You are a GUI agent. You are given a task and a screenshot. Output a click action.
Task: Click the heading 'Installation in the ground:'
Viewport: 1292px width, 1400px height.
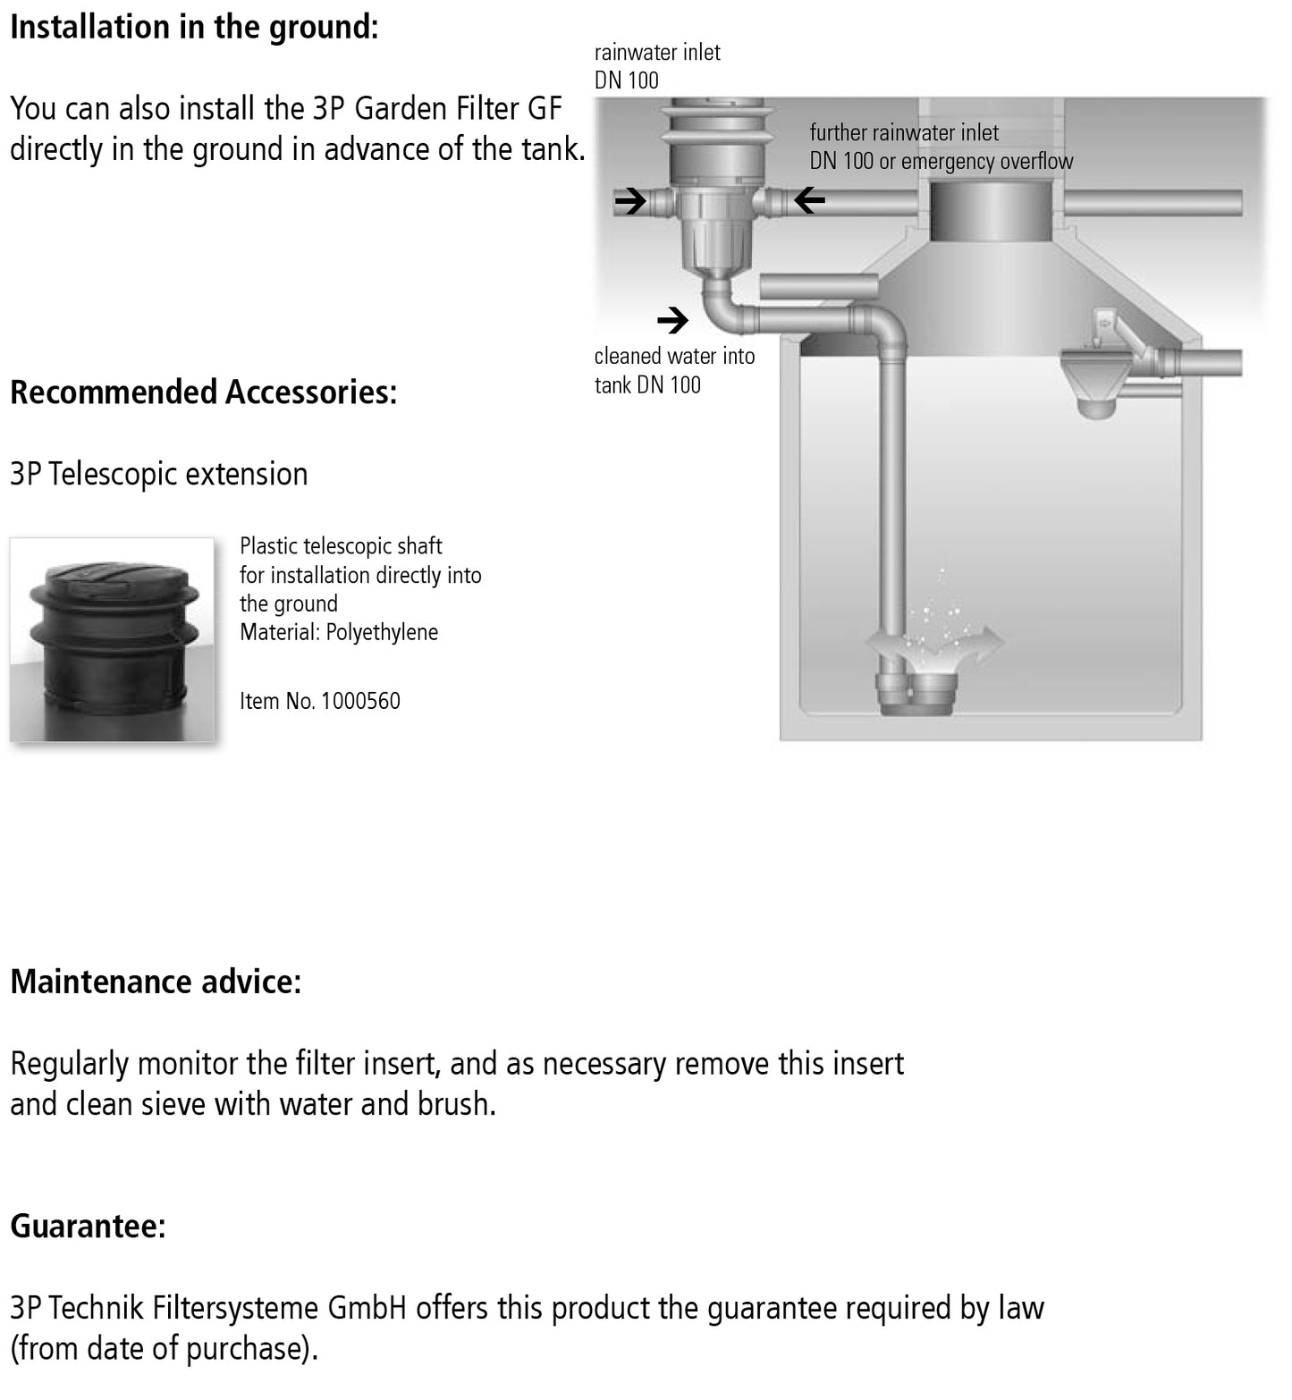click(194, 27)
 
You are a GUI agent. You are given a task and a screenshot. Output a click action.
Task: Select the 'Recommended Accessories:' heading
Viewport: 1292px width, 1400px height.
click(203, 392)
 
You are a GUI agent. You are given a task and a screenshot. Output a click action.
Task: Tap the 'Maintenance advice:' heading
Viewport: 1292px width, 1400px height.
click(156, 982)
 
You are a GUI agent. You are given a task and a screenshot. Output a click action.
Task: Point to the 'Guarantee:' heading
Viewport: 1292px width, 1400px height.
click(88, 1225)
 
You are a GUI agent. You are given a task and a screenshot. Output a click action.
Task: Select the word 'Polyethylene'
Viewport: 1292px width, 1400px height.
click(382, 632)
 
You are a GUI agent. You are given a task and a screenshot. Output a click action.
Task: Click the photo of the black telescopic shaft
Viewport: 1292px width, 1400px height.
click(112, 639)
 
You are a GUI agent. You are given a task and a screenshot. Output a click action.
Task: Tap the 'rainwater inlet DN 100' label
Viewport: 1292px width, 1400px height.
click(656, 66)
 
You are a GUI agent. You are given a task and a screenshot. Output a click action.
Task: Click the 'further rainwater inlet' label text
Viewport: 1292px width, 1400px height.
click(904, 133)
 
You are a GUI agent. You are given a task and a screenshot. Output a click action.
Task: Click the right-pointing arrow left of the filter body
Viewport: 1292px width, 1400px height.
click(630, 201)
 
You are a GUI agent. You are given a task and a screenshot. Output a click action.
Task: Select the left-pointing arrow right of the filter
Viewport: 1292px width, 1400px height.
click(809, 201)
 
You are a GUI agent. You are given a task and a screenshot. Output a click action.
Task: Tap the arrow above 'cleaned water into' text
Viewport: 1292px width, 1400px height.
click(673, 319)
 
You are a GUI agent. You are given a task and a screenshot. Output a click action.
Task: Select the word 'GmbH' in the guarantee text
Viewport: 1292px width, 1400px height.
click(367, 1308)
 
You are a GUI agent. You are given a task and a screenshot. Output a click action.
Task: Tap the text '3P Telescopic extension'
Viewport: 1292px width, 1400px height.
click(158, 474)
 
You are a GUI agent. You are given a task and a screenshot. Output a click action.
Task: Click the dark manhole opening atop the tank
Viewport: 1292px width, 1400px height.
click(992, 211)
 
